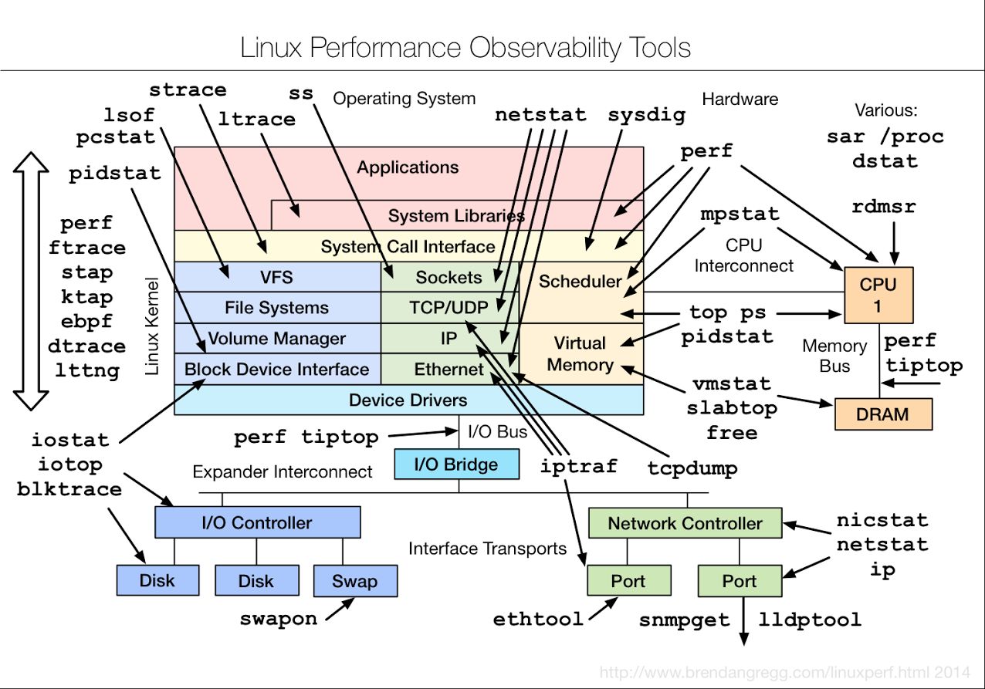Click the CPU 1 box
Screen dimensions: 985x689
878,295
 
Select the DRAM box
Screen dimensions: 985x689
883,414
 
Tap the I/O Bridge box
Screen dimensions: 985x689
456,464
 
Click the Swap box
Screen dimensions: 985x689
355,580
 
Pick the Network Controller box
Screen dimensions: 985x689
685,523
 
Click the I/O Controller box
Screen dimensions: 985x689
258,522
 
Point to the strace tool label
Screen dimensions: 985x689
188,90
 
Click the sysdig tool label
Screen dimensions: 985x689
646,116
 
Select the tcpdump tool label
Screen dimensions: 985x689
692,468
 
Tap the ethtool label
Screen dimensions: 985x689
538,619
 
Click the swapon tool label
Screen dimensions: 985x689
279,619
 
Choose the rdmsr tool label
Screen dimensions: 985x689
884,206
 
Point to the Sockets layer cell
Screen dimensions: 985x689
449,277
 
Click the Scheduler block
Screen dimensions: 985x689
581,292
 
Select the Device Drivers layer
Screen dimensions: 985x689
409,400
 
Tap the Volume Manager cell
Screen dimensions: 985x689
277,339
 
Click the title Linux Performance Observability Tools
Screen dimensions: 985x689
465,48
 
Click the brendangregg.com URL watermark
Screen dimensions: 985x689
784,672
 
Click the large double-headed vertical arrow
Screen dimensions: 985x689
31,281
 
